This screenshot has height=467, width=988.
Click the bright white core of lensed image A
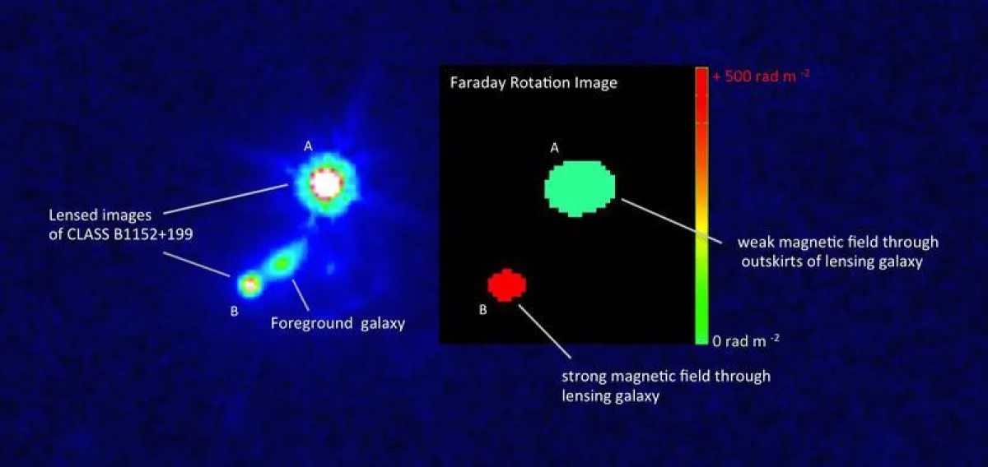coord(324,184)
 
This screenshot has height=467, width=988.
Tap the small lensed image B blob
coord(249,284)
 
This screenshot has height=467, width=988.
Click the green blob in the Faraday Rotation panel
coord(580,187)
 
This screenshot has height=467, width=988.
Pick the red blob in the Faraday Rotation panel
coord(506,284)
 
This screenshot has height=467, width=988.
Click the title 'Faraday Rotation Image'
coord(534,83)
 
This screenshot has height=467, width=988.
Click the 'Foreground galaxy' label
coord(338,323)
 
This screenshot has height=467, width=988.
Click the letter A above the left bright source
coord(308,146)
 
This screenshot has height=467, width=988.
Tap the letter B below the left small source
coord(234,311)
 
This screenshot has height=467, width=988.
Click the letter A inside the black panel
coord(554,148)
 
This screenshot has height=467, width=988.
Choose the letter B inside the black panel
coord(483,310)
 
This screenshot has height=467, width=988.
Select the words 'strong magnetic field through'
coord(666,377)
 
